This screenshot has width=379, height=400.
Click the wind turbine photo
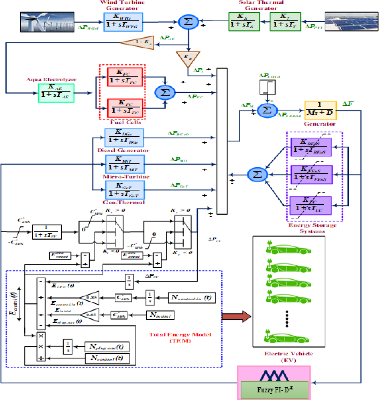47,22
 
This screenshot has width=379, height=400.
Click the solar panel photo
351,22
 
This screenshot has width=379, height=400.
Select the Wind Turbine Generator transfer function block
123,22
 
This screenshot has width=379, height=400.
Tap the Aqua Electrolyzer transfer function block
56,93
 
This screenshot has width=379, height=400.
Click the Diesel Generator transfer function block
124,137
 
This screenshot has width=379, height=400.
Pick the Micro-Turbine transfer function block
125,164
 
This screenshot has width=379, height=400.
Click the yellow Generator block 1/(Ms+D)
320,111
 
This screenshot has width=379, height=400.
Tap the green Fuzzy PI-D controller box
274,390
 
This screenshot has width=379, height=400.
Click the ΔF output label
348,104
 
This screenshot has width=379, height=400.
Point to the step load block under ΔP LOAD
267,87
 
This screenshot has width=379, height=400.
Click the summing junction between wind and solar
188,22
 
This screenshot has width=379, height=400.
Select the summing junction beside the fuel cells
165,93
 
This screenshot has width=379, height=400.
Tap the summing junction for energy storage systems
257,174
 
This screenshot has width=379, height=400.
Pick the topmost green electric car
288,249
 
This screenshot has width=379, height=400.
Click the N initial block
160,315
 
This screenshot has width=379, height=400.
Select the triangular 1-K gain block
138,42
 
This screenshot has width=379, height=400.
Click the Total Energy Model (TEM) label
180,337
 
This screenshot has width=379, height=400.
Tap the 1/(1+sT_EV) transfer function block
47,232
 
